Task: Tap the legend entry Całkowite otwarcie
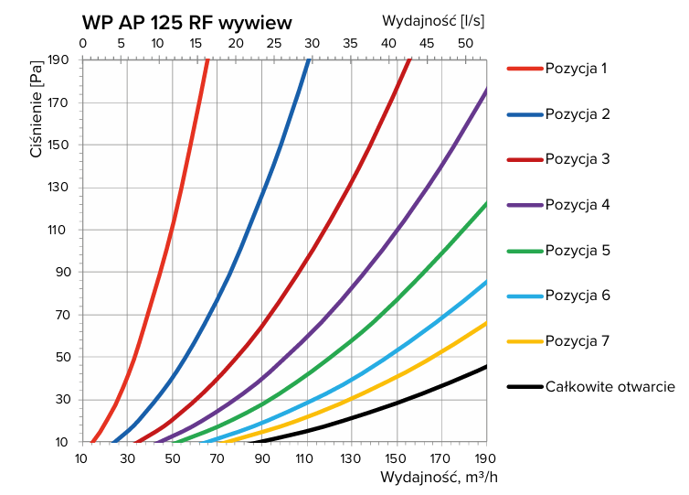pos(609,387)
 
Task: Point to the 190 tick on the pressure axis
pos(59,60)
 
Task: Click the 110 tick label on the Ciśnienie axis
pos(59,230)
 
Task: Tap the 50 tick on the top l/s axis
pos(465,44)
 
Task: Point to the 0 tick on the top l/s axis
pos(83,44)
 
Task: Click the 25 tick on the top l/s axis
pos(274,44)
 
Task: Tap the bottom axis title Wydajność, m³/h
pos(439,478)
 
